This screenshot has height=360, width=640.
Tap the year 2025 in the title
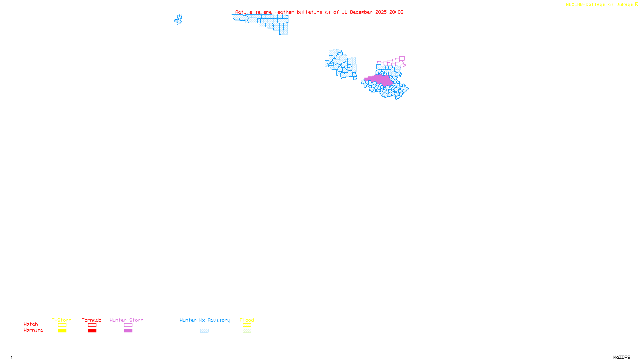click(x=381, y=12)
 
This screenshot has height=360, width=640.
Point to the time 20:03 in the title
click(x=396, y=12)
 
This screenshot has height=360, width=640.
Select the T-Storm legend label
click(x=62, y=320)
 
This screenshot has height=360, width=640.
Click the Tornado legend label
click(x=92, y=320)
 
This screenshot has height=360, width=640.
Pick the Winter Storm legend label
click(x=126, y=320)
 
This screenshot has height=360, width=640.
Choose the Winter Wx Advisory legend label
click(x=205, y=320)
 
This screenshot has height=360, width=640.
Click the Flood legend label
click(x=247, y=320)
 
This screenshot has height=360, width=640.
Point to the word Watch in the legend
click(x=31, y=324)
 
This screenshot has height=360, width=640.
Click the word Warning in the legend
click(x=33, y=330)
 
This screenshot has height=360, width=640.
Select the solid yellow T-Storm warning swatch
click(x=62, y=331)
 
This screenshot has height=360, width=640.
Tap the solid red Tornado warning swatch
click(x=92, y=331)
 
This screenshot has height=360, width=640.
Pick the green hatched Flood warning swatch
click(x=247, y=331)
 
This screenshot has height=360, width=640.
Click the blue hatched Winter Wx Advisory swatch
click(x=204, y=331)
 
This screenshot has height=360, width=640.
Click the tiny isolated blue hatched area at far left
click(x=178, y=20)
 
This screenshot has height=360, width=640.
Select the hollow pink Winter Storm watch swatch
click(x=128, y=325)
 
